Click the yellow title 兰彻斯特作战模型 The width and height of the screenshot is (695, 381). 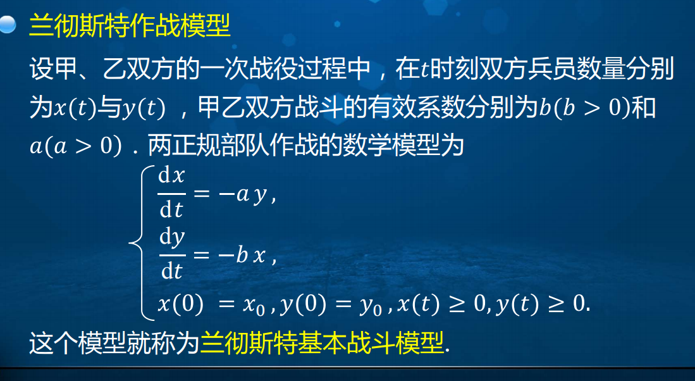pyautogui.click(x=130, y=27)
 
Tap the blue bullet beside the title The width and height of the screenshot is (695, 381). pyautogui.click(x=8, y=26)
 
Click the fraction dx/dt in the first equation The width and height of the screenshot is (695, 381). pyautogui.click(x=171, y=194)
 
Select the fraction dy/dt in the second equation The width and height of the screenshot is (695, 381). pyautogui.click(x=171, y=254)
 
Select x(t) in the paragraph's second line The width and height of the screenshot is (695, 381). pyautogui.click(x=73, y=108)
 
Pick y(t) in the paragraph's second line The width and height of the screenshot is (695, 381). pyautogui.click(x=143, y=108)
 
